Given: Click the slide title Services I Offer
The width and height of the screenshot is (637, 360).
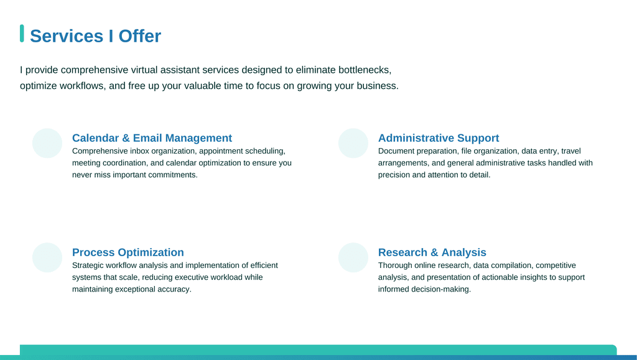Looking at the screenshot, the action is [95, 36].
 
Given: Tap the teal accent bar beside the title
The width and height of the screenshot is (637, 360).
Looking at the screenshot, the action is [22, 34].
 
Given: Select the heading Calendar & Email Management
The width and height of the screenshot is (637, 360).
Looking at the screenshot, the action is [152, 138].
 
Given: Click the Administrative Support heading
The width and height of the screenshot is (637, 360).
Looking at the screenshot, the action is [439, 138].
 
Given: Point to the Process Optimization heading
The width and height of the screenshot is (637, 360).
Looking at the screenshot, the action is [128, 252].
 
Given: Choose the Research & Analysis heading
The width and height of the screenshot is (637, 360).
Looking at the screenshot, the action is [432, 252].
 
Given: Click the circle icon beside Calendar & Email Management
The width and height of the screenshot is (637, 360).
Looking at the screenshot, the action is [47, 143].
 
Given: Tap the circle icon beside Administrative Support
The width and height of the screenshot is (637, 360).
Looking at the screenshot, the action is [353, 143].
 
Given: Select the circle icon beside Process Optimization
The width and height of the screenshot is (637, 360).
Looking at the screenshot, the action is [47, 258].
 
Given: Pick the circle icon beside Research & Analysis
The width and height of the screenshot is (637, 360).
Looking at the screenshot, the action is [353, 258].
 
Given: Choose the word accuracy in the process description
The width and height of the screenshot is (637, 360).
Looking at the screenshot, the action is [176, 290].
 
